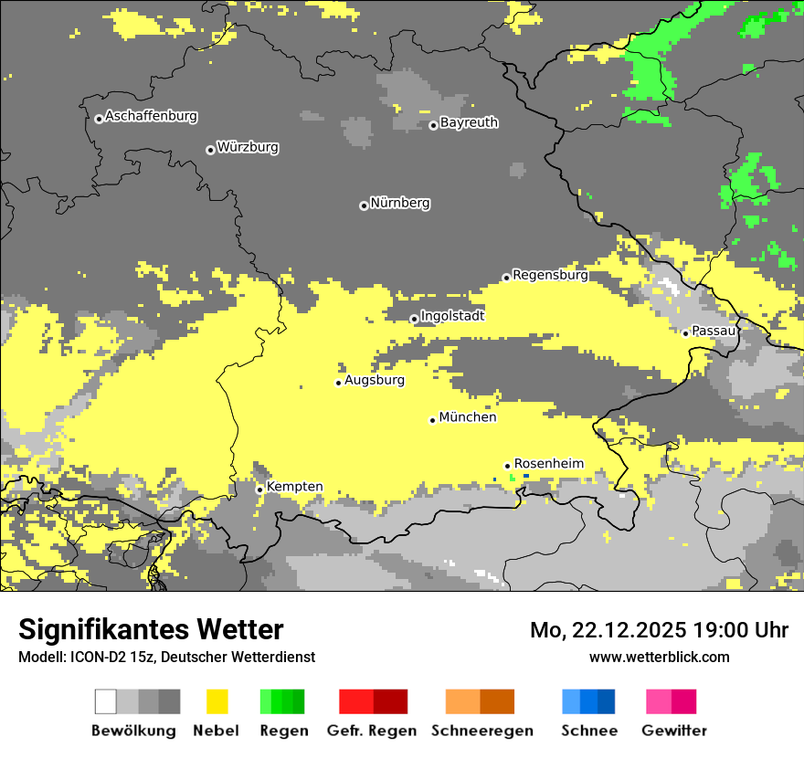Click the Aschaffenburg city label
[x=151, y=116]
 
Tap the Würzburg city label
[x=248, y=147]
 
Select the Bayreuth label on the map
[x=469, y=122]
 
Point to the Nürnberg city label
[x=400, y=203]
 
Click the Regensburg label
[x=550, y=274]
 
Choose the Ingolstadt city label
[x=452, y=316]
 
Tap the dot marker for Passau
[x=685, y=333]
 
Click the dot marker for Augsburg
[x=338, y=383]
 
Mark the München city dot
[x=432, y=420]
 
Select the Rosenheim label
[x=548, y=463]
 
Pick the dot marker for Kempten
[x=259, y=490]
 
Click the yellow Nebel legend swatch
[x=217, y=701]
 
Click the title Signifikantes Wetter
[x=151, y=629]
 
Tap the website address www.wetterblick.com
[x=659, y=657]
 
